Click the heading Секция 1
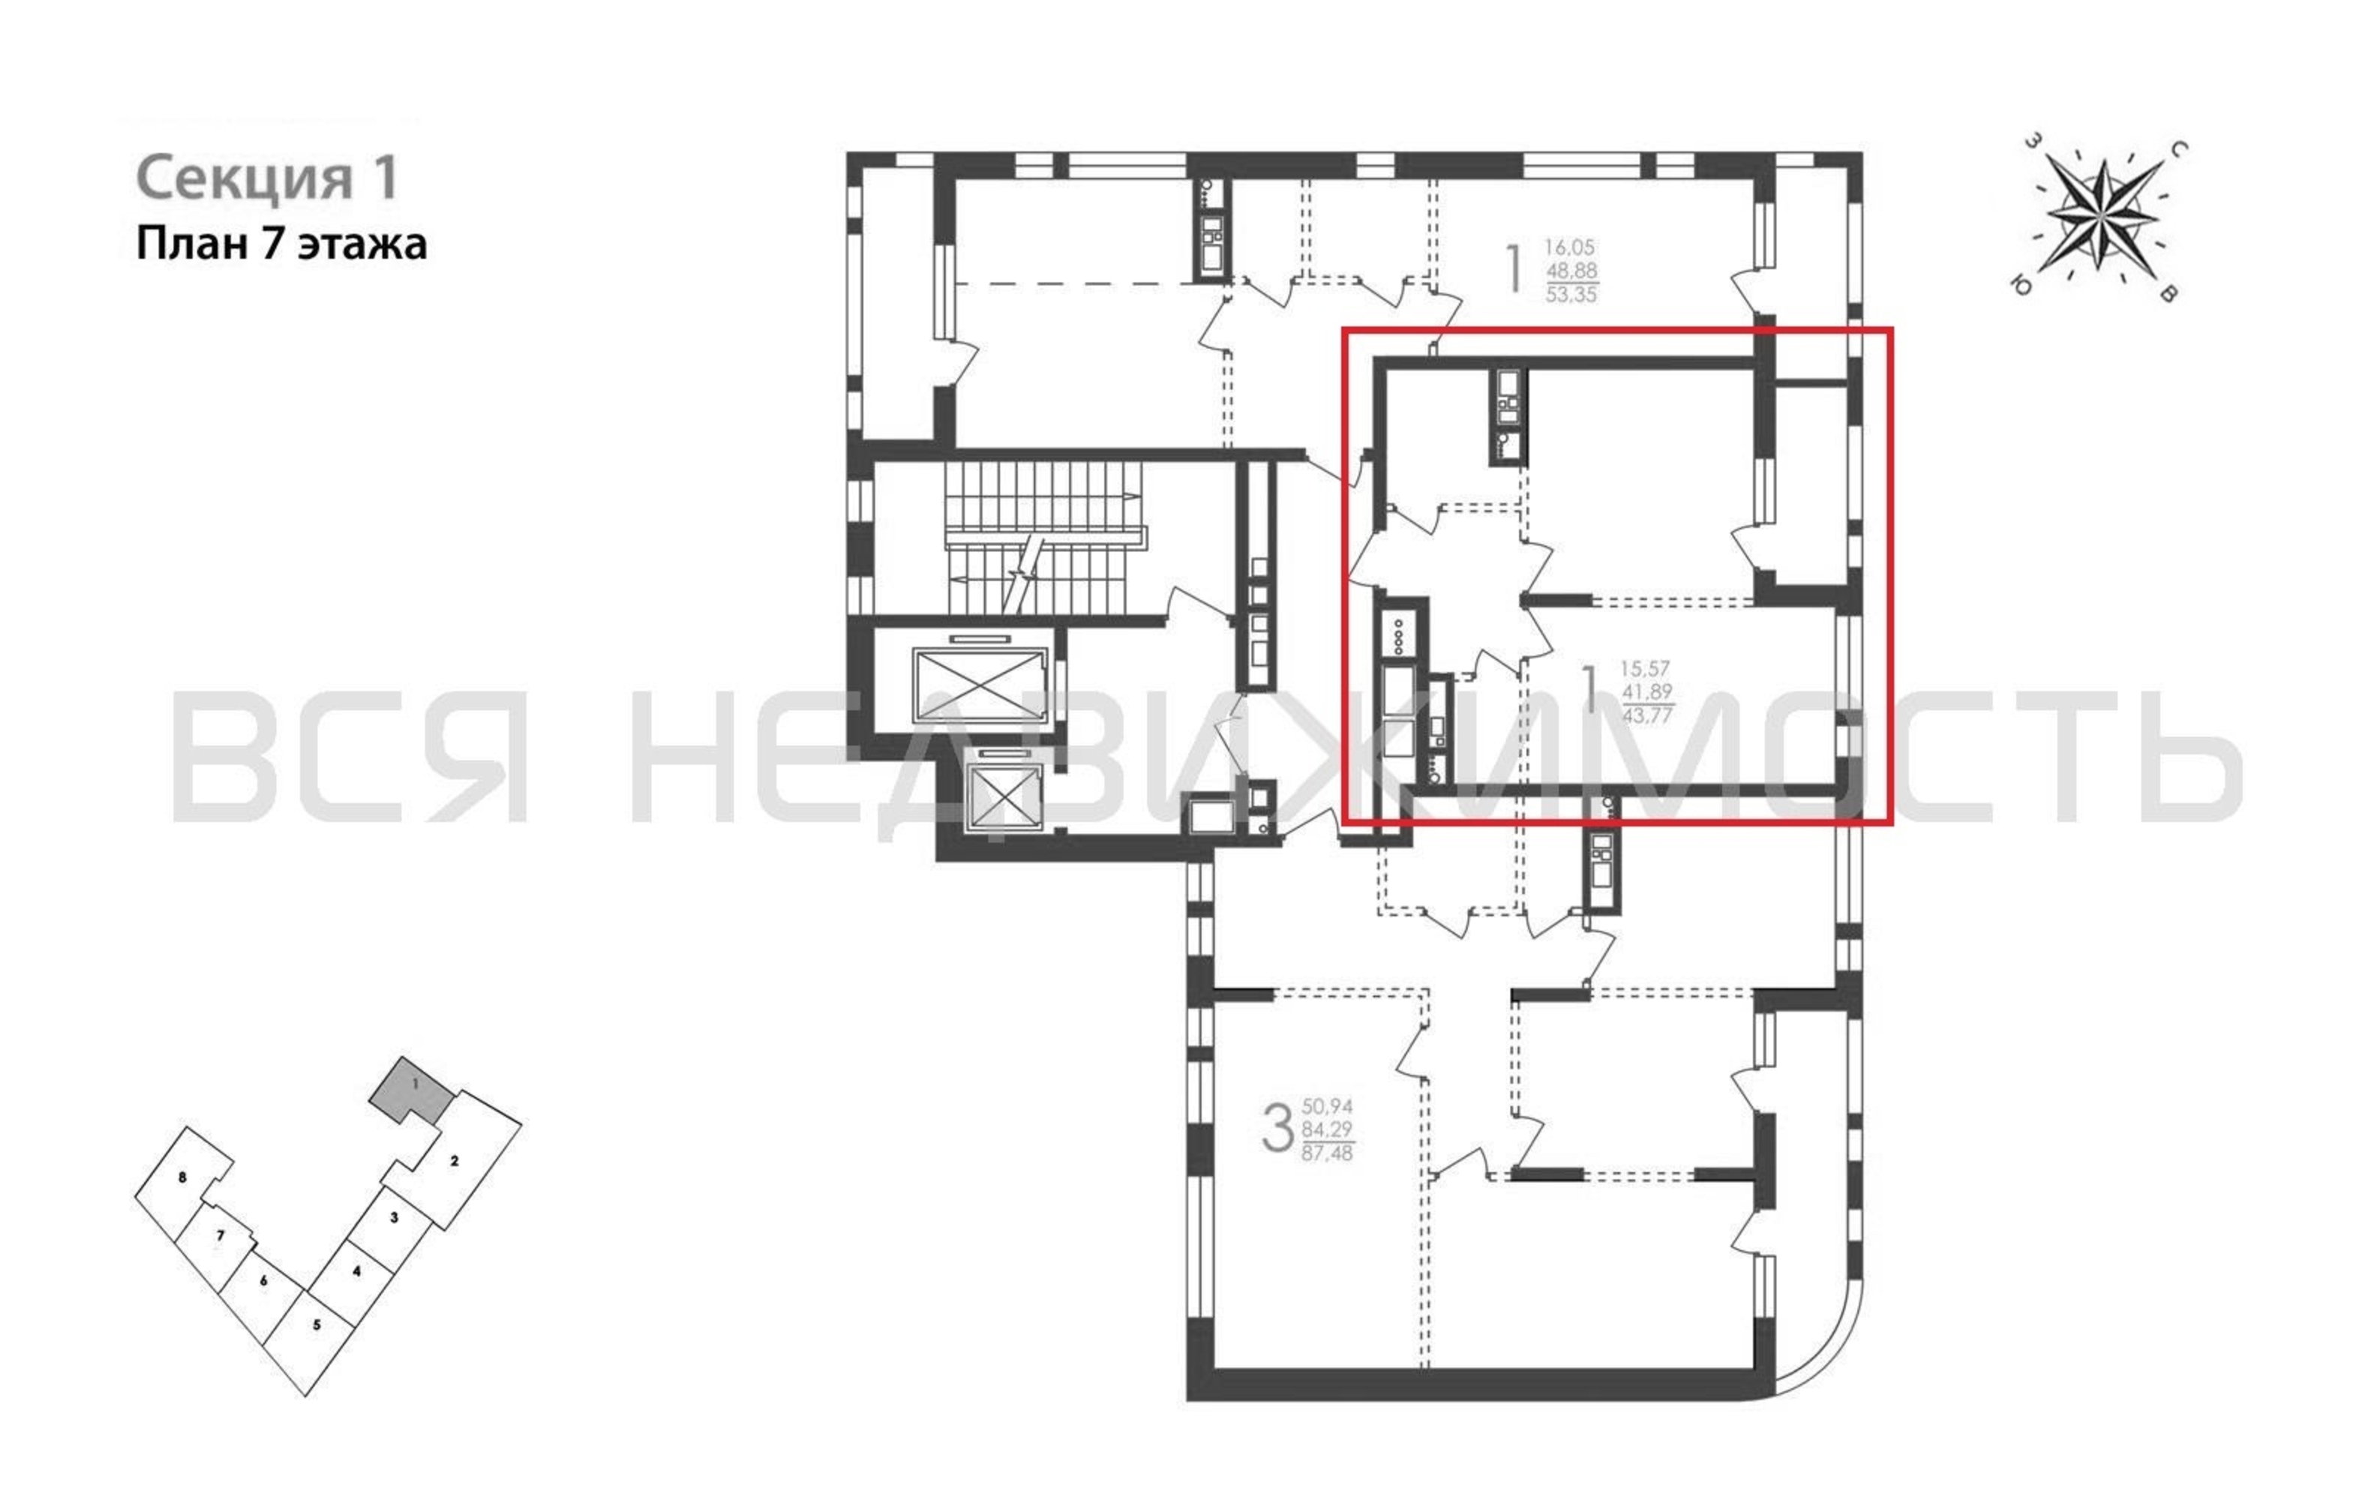[267, 178]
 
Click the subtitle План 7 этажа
[281, 244]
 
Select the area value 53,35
[1571, 293]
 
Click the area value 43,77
[1646, 715]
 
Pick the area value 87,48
[1328, 1153]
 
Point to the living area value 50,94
[1327, 1106]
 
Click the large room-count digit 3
[1278, 1129]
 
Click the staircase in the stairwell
[1043, 538]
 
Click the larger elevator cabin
[979, 685]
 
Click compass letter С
[2178, 149]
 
